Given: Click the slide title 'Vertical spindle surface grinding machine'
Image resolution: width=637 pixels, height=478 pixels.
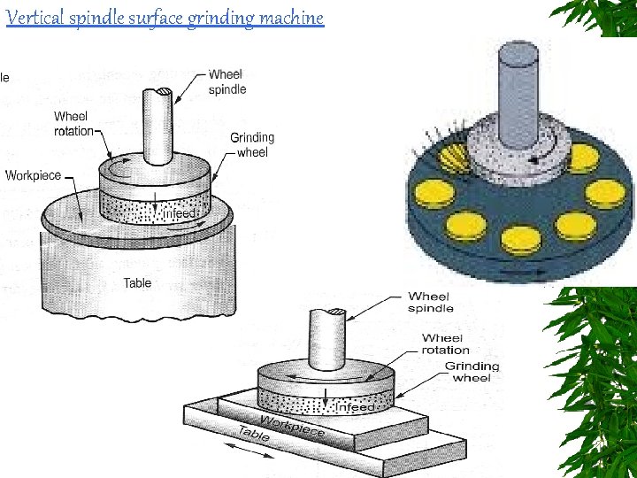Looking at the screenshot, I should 165,17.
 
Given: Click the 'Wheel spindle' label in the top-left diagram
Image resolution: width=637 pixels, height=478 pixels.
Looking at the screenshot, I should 227,81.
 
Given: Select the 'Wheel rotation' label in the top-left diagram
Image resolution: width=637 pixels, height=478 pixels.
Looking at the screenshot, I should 73,124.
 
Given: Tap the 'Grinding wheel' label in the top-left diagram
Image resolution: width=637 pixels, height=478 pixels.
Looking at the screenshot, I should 252,144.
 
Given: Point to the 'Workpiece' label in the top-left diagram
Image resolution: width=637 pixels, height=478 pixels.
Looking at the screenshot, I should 33,175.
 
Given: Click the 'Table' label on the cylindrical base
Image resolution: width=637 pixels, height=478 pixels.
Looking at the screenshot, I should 137,283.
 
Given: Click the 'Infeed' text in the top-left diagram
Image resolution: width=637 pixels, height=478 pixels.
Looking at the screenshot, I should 182,213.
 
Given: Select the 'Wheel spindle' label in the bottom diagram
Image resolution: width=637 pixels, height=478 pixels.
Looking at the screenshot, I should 430,302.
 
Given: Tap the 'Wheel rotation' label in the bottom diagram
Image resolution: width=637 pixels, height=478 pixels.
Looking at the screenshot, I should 446,343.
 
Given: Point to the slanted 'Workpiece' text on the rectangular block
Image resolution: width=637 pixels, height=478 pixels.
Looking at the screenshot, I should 292,425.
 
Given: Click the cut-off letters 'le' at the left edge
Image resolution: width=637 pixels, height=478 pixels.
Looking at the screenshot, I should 4,77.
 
